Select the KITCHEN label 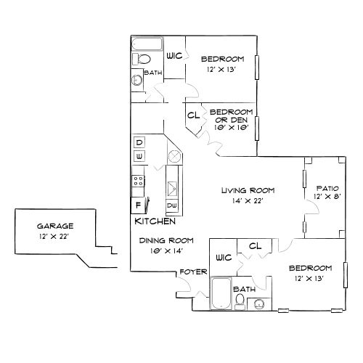pos(155,220)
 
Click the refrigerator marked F pos(137,205)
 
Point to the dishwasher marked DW pos(173,205)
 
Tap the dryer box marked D pos(139,142)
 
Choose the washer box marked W pos(139,155)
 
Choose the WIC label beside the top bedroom pos(174,56)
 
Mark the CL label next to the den pos(193,115)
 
